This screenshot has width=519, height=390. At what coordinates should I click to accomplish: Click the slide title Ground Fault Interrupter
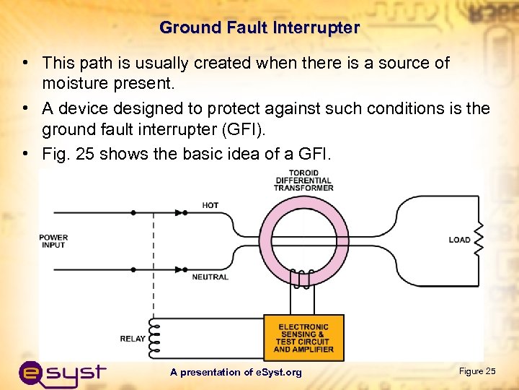coord(259,28)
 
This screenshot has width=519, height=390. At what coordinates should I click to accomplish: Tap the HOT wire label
coord(210,205)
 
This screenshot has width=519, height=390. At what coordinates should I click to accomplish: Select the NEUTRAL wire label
coord(210,277)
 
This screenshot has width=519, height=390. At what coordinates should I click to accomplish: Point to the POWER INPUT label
coord(53,240)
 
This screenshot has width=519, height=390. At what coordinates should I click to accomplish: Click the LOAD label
coord(459,240)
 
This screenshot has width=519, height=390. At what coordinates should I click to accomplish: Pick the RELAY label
coord(132,338)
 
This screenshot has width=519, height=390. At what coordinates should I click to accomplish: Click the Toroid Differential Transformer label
coord(303,181)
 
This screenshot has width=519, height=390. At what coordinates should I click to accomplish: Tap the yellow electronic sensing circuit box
coord(303,338)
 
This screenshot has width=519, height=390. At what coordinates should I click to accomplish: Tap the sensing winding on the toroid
coord(301,277)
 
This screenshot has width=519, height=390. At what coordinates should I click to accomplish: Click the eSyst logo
coord(63,373)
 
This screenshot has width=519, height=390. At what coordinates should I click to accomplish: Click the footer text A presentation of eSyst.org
coord(236,372)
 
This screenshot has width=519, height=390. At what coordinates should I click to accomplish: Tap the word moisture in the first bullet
coord(72,84)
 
